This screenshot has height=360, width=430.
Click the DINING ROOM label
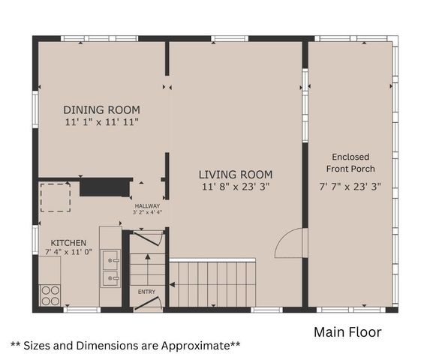101,109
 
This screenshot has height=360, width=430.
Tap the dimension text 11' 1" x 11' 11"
101,121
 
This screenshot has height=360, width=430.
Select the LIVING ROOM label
236,174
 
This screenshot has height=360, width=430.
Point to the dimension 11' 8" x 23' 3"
236,186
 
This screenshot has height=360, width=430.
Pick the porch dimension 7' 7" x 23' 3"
350,186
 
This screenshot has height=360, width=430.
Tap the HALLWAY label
148,205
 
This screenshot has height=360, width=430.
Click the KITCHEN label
68,243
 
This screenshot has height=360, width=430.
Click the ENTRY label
147,290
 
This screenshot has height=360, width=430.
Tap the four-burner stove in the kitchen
50,295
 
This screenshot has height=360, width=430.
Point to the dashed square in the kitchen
55,197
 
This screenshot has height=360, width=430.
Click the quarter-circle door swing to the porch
290,244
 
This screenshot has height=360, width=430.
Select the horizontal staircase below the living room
213,283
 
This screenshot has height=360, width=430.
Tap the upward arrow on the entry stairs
148,266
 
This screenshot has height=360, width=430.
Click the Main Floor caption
347,331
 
